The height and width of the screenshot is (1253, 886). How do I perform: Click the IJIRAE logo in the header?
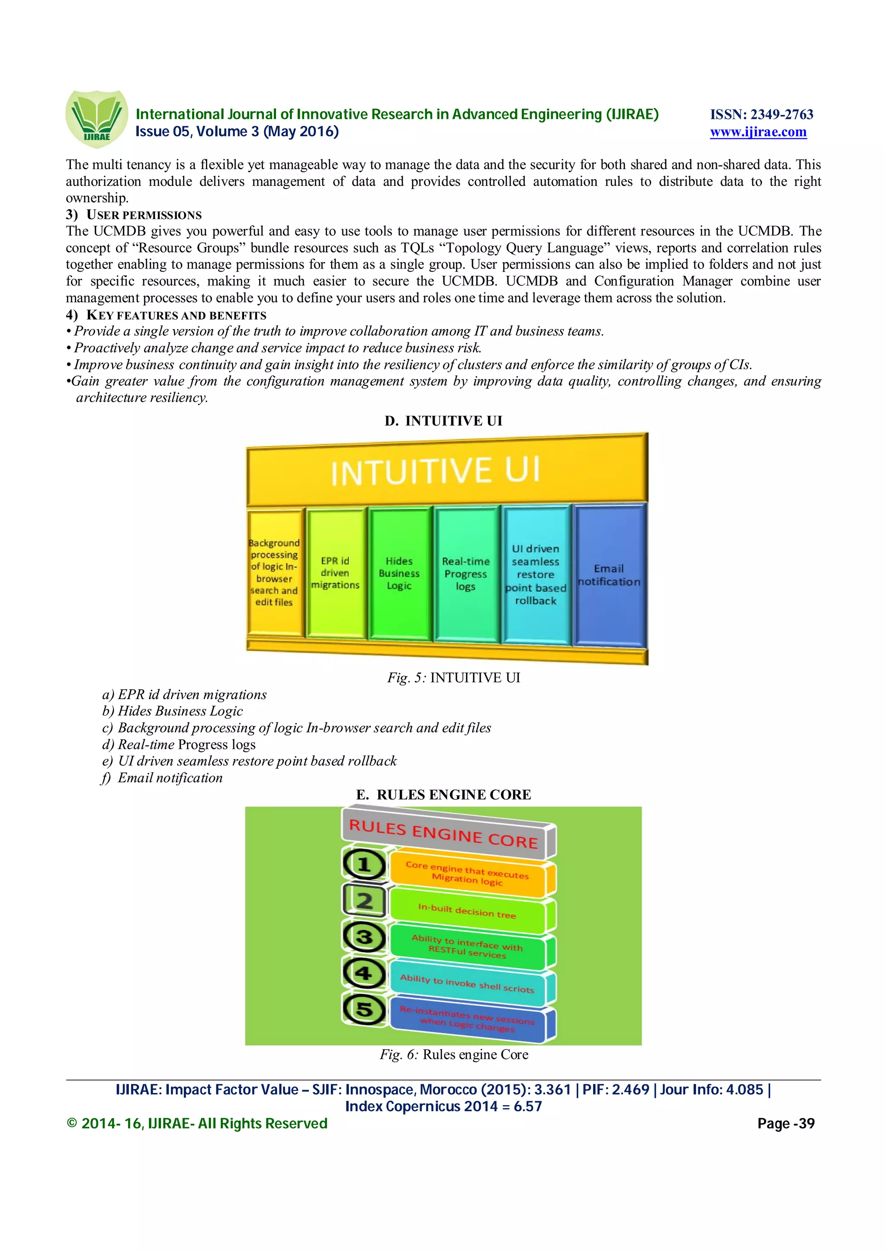pos(96,118)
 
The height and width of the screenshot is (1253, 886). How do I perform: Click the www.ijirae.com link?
pos(758,132)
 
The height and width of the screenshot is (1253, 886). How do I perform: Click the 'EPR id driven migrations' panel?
pos(335,573)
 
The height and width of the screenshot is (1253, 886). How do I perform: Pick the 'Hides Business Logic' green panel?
pos(399,573)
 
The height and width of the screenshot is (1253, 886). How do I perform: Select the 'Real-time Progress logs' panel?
pos(465,574)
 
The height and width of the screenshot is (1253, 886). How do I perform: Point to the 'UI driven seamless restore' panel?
pos(536,575)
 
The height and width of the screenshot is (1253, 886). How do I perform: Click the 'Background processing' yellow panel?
pos(274,572)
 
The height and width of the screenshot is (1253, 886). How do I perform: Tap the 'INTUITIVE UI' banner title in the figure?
pos(436,471)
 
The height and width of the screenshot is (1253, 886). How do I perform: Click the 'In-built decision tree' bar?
pos(467,911)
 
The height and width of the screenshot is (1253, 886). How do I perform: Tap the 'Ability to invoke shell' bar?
pos(467,983)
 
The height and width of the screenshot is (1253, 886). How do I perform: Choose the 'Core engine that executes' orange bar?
pos(467,873)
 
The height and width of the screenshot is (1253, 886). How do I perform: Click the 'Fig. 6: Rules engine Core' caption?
pos(454,1055)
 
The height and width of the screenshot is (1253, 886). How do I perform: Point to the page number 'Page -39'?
pos(786,1123)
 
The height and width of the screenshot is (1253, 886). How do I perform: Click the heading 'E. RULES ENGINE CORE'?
pos(443,795)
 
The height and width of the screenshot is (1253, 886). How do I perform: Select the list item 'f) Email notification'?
pos(163,778)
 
